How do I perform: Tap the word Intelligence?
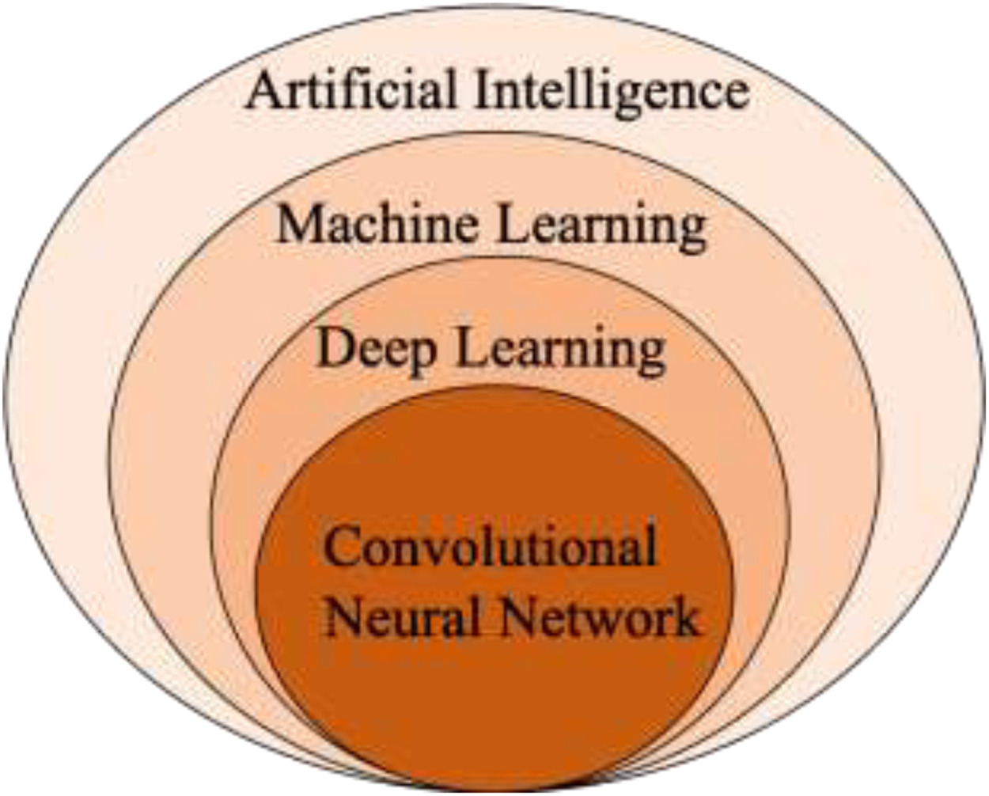611,93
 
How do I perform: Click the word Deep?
376,350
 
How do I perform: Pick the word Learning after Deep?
563,352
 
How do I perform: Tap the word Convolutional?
491,546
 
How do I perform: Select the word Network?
601,616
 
